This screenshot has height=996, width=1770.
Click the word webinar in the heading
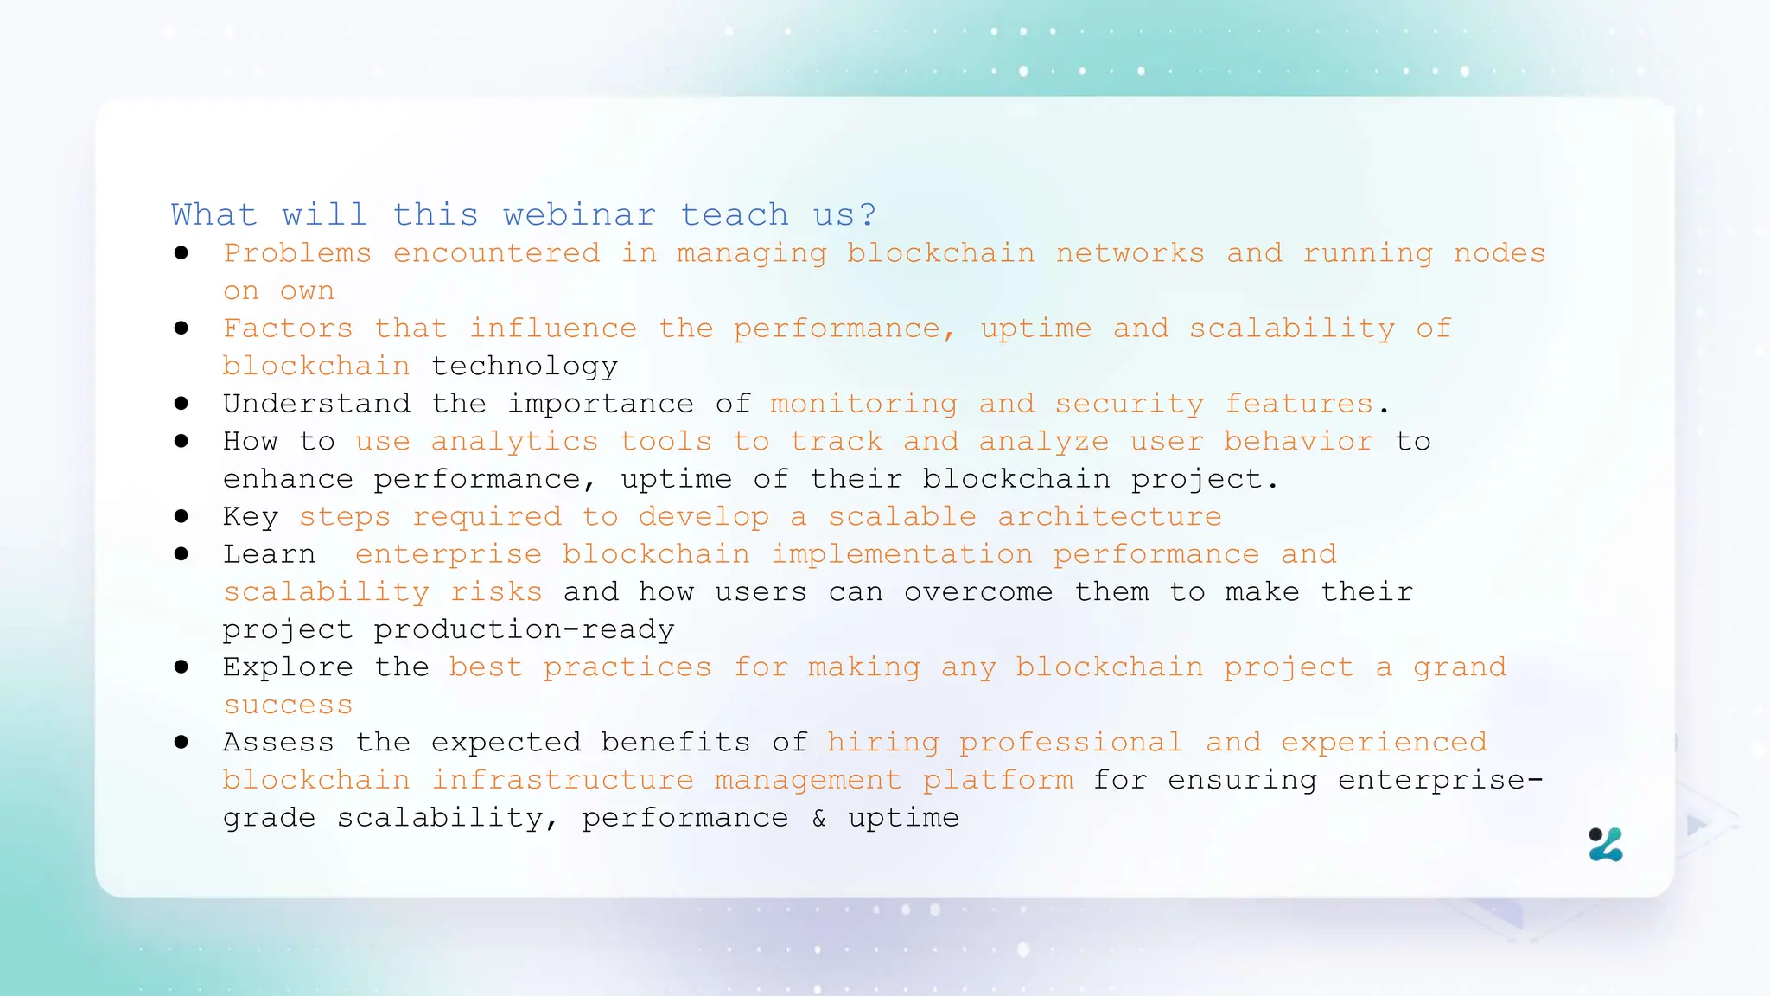tap(579, 214)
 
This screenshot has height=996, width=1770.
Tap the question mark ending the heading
tap(868, 214)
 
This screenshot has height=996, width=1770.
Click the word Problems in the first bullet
tap(297, 253)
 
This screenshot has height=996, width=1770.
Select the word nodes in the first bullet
tap(1499, 253)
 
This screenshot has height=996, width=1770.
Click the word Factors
tap(288, 329)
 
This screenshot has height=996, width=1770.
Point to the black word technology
tap(525, 367)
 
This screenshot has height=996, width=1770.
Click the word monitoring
tap(863, 404)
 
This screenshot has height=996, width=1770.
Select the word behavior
tap(1297, 442)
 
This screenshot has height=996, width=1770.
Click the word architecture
tap(1109, 517)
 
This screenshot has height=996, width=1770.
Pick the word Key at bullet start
tap(251, 517)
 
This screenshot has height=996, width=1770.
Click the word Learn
tap(269, 554)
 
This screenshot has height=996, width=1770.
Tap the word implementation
tap(901, 554)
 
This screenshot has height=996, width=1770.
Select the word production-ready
tap(524, 629)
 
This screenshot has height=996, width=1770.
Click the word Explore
tap(288, 667)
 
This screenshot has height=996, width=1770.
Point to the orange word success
tap(288, 705)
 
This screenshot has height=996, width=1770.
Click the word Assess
tap(278, 743)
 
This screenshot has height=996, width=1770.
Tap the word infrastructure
tap(562, 780)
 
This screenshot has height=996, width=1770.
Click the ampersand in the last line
tap(818, 818)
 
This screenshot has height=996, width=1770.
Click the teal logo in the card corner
tap(1606, 845)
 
